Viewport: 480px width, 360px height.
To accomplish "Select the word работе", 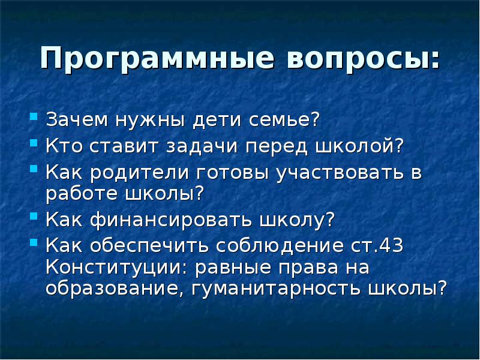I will (82, 194).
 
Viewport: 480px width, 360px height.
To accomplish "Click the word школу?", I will (296, 220).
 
